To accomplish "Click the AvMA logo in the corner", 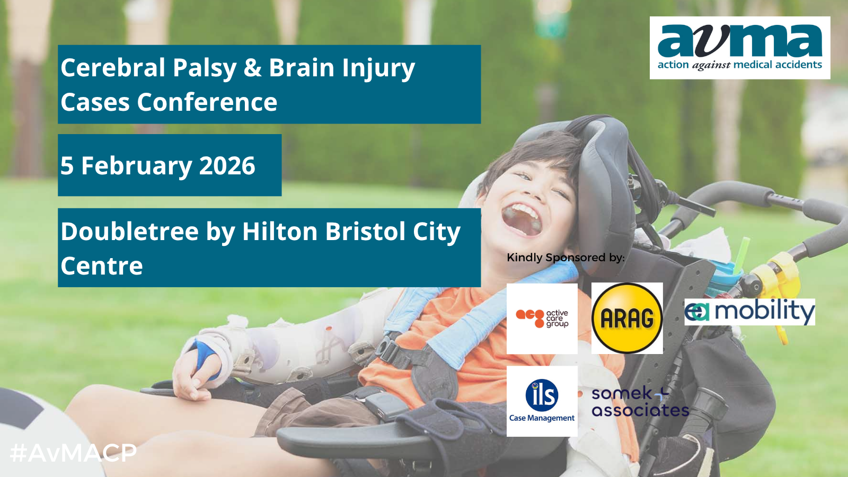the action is (740, 48).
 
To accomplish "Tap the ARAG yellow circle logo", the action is (627, 318).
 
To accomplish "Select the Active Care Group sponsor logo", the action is (542, 319).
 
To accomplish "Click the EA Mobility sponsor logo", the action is (749, 312).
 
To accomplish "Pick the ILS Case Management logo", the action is (542, 401).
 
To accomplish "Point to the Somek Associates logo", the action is (640, 402).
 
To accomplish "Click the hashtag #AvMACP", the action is (73, 453).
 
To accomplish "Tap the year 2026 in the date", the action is (227, 165).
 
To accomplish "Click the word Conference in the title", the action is (207, 102).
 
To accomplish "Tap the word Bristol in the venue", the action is (365, 231).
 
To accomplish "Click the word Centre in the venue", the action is (102, 266).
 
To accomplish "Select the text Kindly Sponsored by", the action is (566, 258).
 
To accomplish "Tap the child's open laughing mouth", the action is (522, 219).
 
